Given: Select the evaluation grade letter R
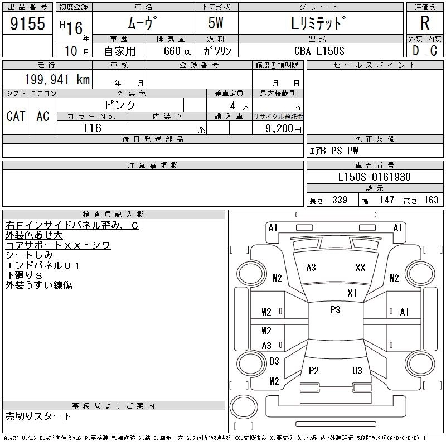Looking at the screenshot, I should (x=425, y=23).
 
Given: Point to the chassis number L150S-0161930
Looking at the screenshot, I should (x=375, y=177).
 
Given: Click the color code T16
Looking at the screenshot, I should (x=92, y=128).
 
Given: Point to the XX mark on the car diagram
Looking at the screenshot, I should (x=360, y=268).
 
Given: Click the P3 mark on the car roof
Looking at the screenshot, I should (x=335, y=310).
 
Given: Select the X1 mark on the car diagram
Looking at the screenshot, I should (x=352, y=293).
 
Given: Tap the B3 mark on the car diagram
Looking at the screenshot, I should (x=274, y=361).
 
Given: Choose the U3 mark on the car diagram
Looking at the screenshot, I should (x=357, y=370).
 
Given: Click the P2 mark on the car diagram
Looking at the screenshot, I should (x=313, y=370).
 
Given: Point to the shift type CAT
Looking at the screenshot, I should (x=16, y=116).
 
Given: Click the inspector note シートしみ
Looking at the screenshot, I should (x=29, y=255).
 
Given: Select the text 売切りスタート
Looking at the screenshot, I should (x=38, y=416).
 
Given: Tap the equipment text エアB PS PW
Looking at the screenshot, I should (x=334, y=151).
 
